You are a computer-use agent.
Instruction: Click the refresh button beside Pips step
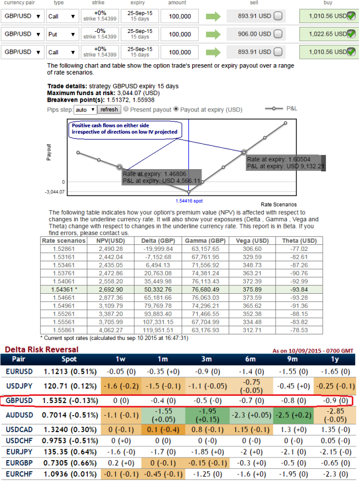[109, 110]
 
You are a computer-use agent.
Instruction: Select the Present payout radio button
[126, 110]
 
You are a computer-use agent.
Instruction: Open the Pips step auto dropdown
[85, 110]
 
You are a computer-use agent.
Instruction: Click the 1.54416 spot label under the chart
[188, 201]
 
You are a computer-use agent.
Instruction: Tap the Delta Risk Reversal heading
[41, 349]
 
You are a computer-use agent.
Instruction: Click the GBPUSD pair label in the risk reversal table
[20, 401]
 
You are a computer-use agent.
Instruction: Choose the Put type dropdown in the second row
[62, 34]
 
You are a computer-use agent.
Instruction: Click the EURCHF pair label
[20, 474]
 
